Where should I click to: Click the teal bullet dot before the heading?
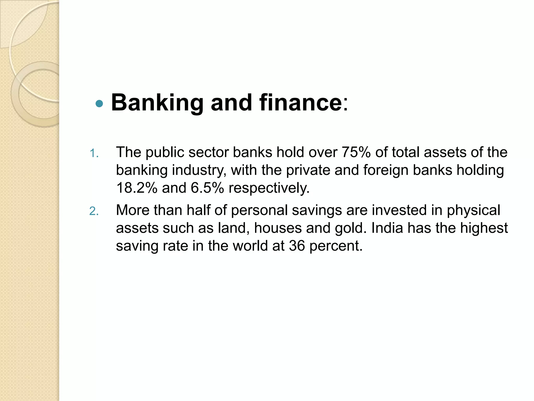tap(99, 104)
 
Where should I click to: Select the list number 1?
tap(94, 154)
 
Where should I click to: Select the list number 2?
tap(94, 211)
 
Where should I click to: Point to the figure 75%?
tap(356, 152)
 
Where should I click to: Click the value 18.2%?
tap(137, 188)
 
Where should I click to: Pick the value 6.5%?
tap(207, 188)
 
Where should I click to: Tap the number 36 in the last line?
tap(297, 246)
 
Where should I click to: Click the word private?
tap(308, 170)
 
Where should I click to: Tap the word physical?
tap(473, 210)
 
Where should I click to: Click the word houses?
tap(278, 228)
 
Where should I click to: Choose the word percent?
tap(336, 246)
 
